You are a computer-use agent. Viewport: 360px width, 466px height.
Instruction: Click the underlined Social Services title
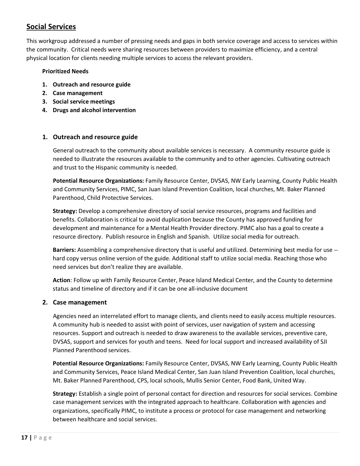tap(51, 27)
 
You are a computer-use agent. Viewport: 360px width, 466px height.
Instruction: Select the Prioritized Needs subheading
tap(65, 71)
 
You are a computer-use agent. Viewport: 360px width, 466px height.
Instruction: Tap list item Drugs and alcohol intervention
tap(94, 110)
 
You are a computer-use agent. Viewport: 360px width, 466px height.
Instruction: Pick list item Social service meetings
tap(84, 101)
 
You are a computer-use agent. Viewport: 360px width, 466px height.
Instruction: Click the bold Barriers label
tap(64, 250)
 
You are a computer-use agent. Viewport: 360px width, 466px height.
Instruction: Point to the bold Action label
tap(61, 280)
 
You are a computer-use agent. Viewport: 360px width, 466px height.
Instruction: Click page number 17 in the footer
tap(24, 437)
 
